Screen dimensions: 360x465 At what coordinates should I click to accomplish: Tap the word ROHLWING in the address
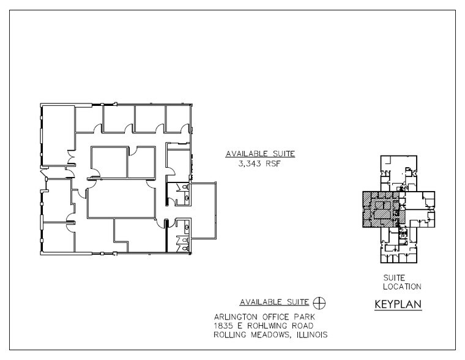(x=267, y=326)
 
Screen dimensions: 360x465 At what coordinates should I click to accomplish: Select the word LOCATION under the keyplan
(x=398, y=287)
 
